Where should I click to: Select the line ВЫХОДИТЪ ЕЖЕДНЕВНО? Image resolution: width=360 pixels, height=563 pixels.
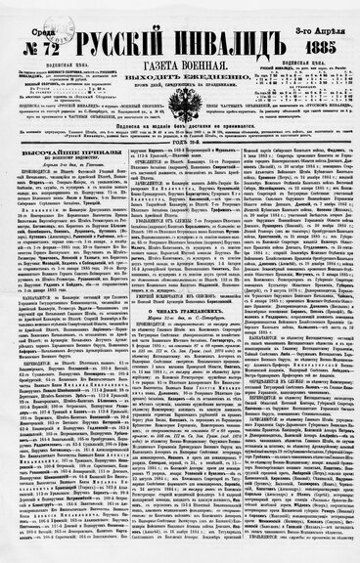point(180,67)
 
